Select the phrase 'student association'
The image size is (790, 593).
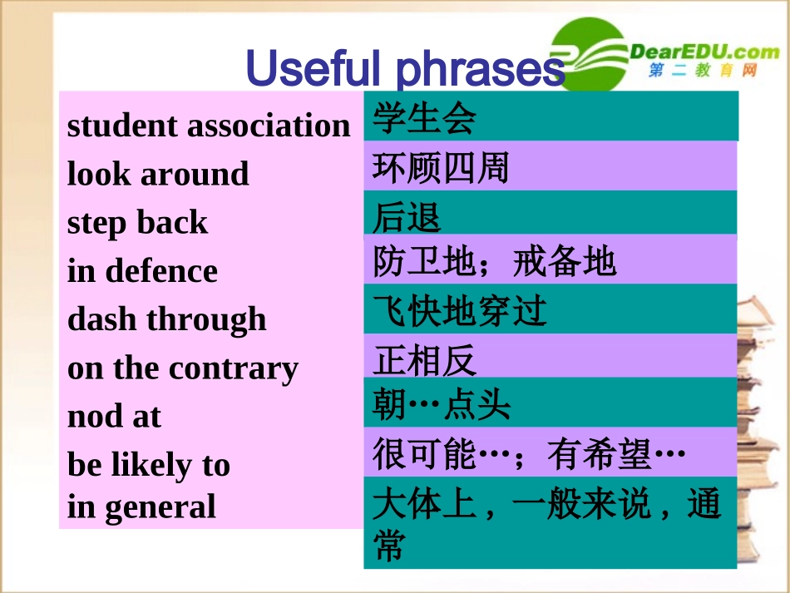[209, 126]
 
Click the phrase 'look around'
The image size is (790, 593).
[158, 174]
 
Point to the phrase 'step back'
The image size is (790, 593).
[137, 222]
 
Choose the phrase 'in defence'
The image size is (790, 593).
[142, 270]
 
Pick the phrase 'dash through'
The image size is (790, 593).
[166, 319]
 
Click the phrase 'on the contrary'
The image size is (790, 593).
[182, 368]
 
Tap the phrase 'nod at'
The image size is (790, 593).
[114, 416]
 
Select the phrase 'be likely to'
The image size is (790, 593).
[148, 464]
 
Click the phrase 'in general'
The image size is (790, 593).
[141, 506]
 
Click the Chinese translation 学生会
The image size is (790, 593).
[424, 118]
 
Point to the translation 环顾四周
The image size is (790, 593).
[440, 168]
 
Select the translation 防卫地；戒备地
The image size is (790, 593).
[494, 262]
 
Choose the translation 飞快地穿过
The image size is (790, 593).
[459, 311]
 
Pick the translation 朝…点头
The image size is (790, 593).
[441, 406]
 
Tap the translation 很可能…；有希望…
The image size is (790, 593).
[528, 454]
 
